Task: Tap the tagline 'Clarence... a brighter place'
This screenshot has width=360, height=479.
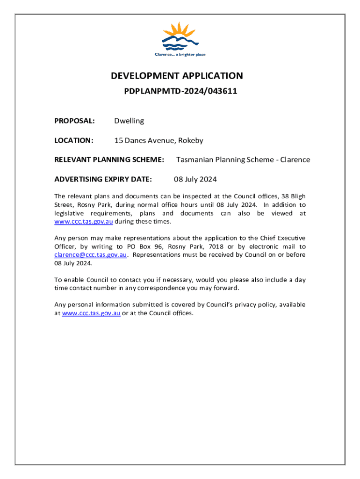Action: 180,55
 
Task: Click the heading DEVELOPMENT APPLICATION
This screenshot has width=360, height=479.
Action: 177,76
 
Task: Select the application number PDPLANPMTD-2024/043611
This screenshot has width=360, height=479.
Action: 180,91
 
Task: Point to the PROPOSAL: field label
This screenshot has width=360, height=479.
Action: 75,121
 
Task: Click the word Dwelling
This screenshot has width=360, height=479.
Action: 129,121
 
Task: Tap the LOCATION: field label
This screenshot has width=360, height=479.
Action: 74,140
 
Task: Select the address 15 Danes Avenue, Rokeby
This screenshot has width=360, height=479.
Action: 159,140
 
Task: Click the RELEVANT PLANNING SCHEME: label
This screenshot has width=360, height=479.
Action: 109,160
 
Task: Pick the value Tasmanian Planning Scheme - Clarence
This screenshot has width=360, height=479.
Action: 243,160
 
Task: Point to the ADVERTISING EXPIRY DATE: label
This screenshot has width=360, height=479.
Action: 103,179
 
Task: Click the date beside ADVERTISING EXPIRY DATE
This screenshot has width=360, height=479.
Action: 195,179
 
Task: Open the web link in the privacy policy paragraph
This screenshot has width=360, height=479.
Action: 91,313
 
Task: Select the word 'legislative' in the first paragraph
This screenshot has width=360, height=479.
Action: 71,213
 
